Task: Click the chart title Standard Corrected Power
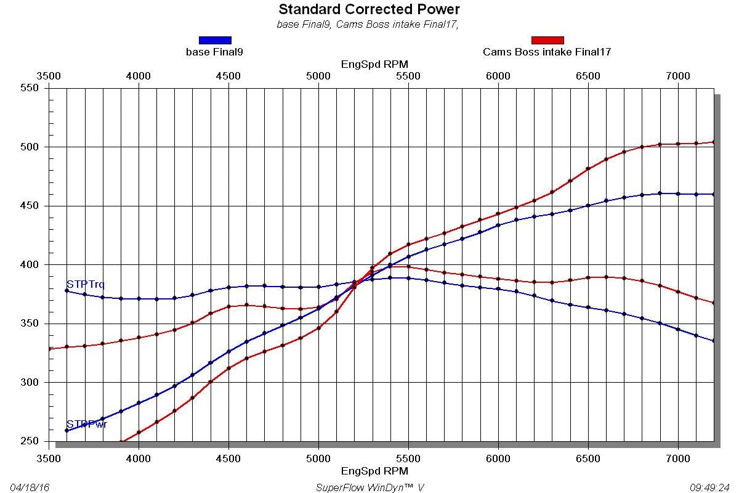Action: point(369,9)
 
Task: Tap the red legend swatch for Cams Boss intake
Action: point(547,40)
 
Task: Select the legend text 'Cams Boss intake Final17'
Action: point(547,52)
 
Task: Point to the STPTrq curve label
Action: point(86,285)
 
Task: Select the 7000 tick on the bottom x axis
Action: point(678,458)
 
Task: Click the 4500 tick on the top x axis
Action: point(228,76)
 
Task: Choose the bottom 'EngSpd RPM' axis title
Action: point(374,471)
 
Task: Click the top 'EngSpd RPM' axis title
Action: point(374,64)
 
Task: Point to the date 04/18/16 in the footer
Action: point(30,487)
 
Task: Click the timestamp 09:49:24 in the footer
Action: point(709,487)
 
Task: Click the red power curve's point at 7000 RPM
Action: point(678,144)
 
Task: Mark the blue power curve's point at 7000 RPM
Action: point(678,194)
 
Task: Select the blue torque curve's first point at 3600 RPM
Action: point(67,290)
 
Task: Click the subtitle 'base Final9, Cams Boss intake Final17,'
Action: point(369,25)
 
